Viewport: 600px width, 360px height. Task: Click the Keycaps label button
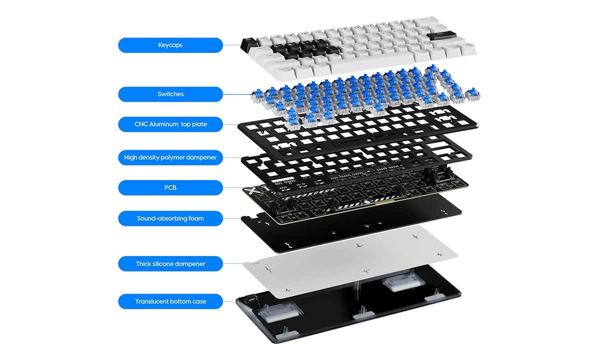(170, 45)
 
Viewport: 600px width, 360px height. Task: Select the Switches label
(170, 94)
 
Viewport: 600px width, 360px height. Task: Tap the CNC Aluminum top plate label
(170, 124)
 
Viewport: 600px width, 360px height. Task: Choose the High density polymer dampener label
(170, 157)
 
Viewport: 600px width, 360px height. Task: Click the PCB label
(170, 187)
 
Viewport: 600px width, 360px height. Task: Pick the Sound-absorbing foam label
(170, 218)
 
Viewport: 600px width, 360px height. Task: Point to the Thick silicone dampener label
(170, 264)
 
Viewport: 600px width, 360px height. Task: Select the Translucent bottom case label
(170, 301)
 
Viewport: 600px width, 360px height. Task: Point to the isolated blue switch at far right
(473, 94)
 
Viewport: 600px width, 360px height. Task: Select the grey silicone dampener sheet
(349, 261)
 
